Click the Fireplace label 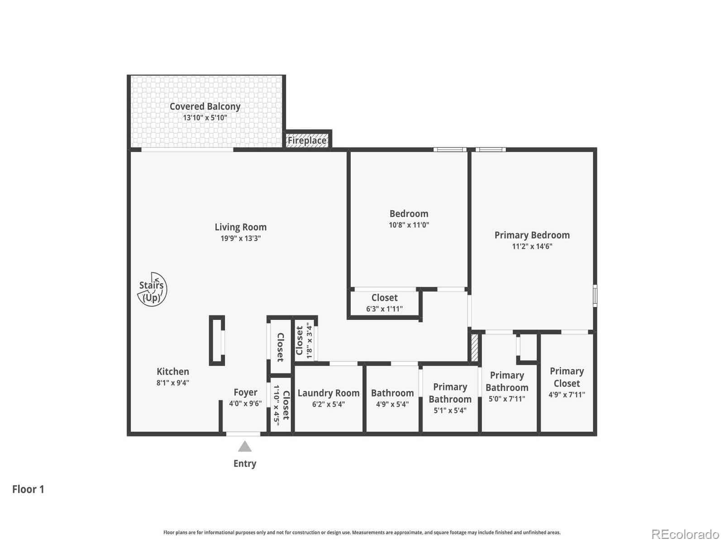(307, 140)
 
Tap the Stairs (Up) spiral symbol (152, 290)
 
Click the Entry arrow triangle (245, 447)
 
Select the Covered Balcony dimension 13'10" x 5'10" (205, 118)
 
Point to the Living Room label (240, 227)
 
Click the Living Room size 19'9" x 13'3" (240, 238)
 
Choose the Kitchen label (173, 372)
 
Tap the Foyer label (245, 392)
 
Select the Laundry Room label (329, 393)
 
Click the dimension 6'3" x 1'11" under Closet (384, 309)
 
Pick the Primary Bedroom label (532, 235)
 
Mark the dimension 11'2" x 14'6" (532, 247)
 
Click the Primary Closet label (567, 377)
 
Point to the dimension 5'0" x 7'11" (507, 399)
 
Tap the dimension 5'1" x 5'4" (450, 411)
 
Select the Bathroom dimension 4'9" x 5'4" (392, 405)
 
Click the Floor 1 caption (28, 489)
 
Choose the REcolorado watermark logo (685, 534)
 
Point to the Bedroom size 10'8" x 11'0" (409, 225)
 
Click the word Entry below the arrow (245, 463)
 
